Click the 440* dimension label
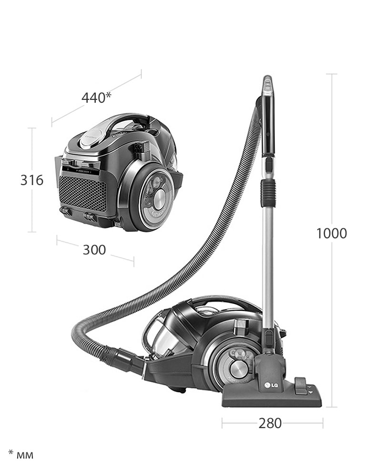pos(96,98)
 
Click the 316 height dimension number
pos(32,180)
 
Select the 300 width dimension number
pos(94,250)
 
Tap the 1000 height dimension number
pos(332,233)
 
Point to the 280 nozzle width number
pos(270,423)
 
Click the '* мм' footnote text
pos(20,454)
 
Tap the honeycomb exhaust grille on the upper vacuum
pos(82,193)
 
